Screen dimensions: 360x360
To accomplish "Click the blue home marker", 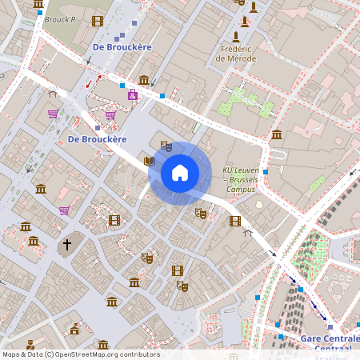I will click(180, 173).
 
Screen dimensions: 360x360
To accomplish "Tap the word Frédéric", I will click(237, 49).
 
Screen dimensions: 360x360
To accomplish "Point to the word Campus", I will click(241, 190).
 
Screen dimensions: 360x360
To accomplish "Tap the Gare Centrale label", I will click(330, 338).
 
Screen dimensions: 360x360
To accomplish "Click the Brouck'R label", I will click(59, 19).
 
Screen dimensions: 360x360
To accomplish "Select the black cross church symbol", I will click(67, 243).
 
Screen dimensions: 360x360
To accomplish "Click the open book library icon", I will click(149, 161).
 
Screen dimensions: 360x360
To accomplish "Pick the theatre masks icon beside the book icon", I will click(166, 146).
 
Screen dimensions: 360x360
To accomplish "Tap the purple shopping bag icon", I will click(132, 96).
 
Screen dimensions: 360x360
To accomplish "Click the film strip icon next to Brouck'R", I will click(98, 21).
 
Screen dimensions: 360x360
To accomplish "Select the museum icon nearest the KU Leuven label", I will click(276, 134).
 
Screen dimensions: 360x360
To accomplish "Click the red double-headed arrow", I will click(94, 82).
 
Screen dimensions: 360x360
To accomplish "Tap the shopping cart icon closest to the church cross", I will click(64, 210).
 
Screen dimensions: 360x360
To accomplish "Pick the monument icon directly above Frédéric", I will click(236, 37).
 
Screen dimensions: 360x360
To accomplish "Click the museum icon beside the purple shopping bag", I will click(144, 80).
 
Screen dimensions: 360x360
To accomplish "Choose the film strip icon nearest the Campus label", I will click(234, 220).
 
